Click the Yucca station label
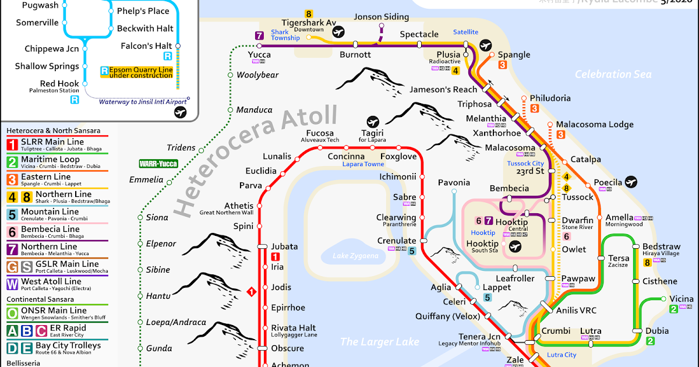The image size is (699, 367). tap(259, 55)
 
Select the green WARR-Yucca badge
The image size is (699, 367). tap(158, 164)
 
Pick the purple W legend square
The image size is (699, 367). tap(12, 284)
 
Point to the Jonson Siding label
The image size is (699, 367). tap(382, 17)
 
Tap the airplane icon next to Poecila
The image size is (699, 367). tap(630, 182)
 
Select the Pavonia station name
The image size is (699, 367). tap(454, 182)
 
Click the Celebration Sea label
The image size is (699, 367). tap(613, 74)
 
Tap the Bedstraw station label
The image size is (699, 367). tap(661, 246)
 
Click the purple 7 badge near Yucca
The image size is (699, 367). tap(259, 36)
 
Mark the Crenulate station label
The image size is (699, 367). tap(396, 241)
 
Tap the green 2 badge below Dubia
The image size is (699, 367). tap(651, 341)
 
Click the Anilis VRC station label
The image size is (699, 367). tap(576, 310)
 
